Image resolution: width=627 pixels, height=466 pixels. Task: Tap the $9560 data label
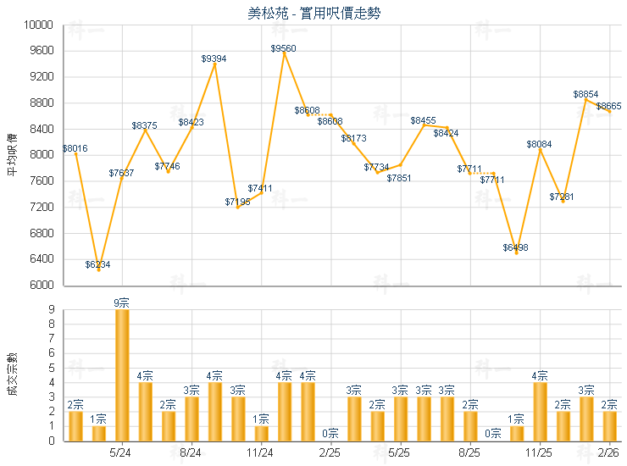pyautogui.click(x=284, y=49)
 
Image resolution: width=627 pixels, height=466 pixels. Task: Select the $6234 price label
pyautogui.click(x=98, y=264)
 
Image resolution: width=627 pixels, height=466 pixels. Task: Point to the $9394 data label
pyautogui.click(x=214, y=58)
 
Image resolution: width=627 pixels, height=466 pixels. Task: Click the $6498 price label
pyautogui.click(x=515, y=247)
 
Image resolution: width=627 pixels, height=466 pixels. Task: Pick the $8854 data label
pyautogui.click(x=585, y=94)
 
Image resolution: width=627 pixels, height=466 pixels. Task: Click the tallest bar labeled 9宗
pyautogui.click(x=122, y=374)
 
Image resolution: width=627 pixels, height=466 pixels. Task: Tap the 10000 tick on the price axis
pyautogui.click(x=42, y=25)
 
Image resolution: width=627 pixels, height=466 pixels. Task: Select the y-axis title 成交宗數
pyautogui.click(x=12, y=374)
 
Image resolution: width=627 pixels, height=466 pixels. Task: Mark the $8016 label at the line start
pyautogui.click(x=75, y=148)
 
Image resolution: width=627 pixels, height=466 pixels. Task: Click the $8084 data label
pyautogui.click(x=539, y=145)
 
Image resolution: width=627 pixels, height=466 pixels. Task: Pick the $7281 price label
pyautogui.click(x=562, y=197)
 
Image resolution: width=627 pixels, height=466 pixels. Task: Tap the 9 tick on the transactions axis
pyautogui.click(x=52, y=310)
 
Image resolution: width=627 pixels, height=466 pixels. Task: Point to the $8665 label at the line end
pyautogui.click(x=609, y=106)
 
